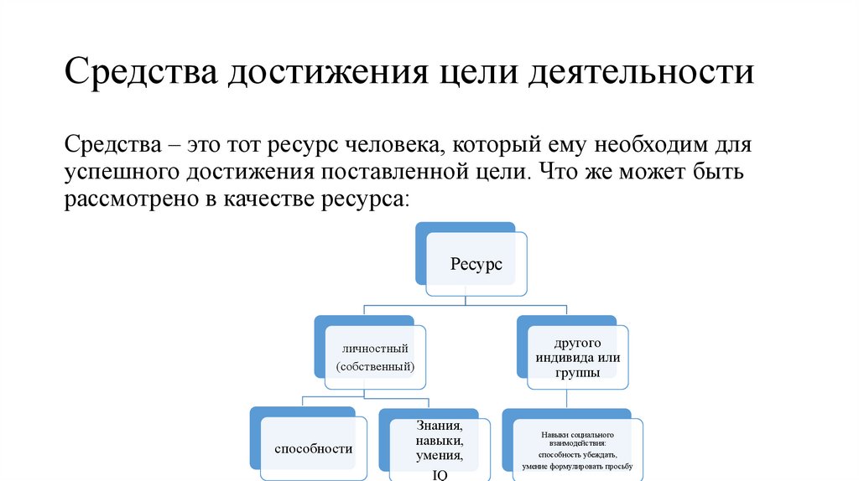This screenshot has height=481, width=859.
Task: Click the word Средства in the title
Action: [x=140, y=73]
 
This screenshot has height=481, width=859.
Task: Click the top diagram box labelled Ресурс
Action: [x=476, y=264]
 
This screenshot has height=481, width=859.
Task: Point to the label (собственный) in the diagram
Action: [x=375, y=367]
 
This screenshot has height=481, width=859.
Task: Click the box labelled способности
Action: [x=313, y=448]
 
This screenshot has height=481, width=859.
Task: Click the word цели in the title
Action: [x=474, y=73]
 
